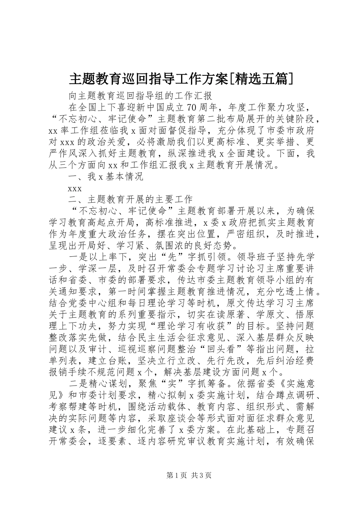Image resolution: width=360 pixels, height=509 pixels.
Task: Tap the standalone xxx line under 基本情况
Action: [75, 188]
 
